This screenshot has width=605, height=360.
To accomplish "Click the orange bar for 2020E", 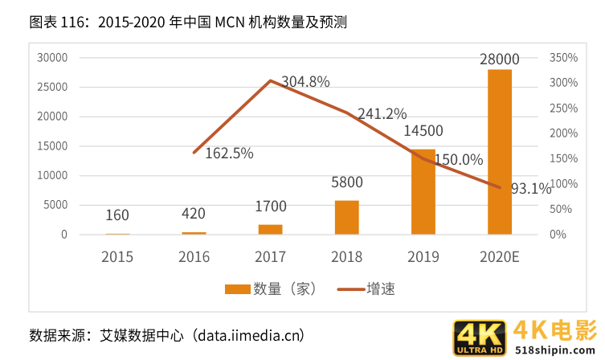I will pos(499,152).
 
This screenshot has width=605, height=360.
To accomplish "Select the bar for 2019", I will pos(423,192).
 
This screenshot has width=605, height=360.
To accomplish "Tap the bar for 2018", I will pos(346,217).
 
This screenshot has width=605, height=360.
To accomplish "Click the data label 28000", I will pos(499,59).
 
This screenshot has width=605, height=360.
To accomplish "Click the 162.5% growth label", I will pos(229,153).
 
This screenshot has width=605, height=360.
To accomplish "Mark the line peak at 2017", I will pos(271,80).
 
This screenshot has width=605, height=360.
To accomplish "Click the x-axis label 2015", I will pos(117,256).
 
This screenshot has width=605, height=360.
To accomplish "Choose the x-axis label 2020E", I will pos(499,256).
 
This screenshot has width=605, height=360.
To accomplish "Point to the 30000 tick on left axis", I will pos(52,58).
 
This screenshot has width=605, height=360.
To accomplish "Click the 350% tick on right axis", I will pos(564,58).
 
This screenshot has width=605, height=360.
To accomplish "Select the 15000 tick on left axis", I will pos(52,146).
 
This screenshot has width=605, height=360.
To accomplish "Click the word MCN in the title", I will pos(232,22).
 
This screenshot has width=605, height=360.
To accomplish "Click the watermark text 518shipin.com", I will pos(555,350).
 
